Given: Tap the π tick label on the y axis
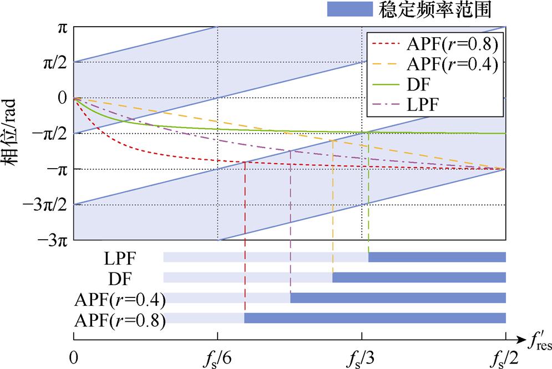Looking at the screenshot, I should [62, 26].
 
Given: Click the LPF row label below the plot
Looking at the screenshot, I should [120, 257].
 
